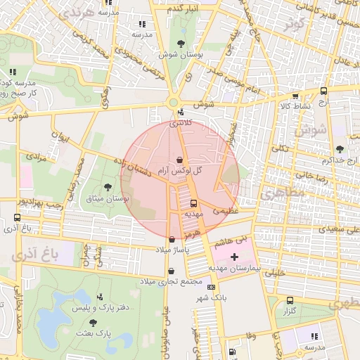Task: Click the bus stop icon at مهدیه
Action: pyautogui.click(x=193, y=202)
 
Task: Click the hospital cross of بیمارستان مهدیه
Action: pyautogui.click(x=234, y=257)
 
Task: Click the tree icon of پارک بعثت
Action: pyautogui.click(x=94, y=321)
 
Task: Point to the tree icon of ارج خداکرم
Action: pyautogui.click(x=340, y=149)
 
